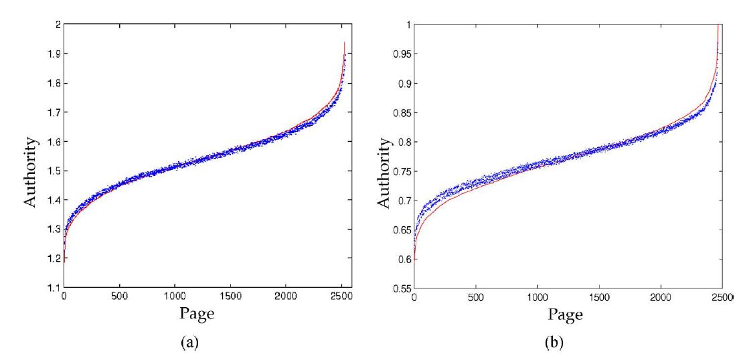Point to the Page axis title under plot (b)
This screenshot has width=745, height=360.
(x=566, y=312)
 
